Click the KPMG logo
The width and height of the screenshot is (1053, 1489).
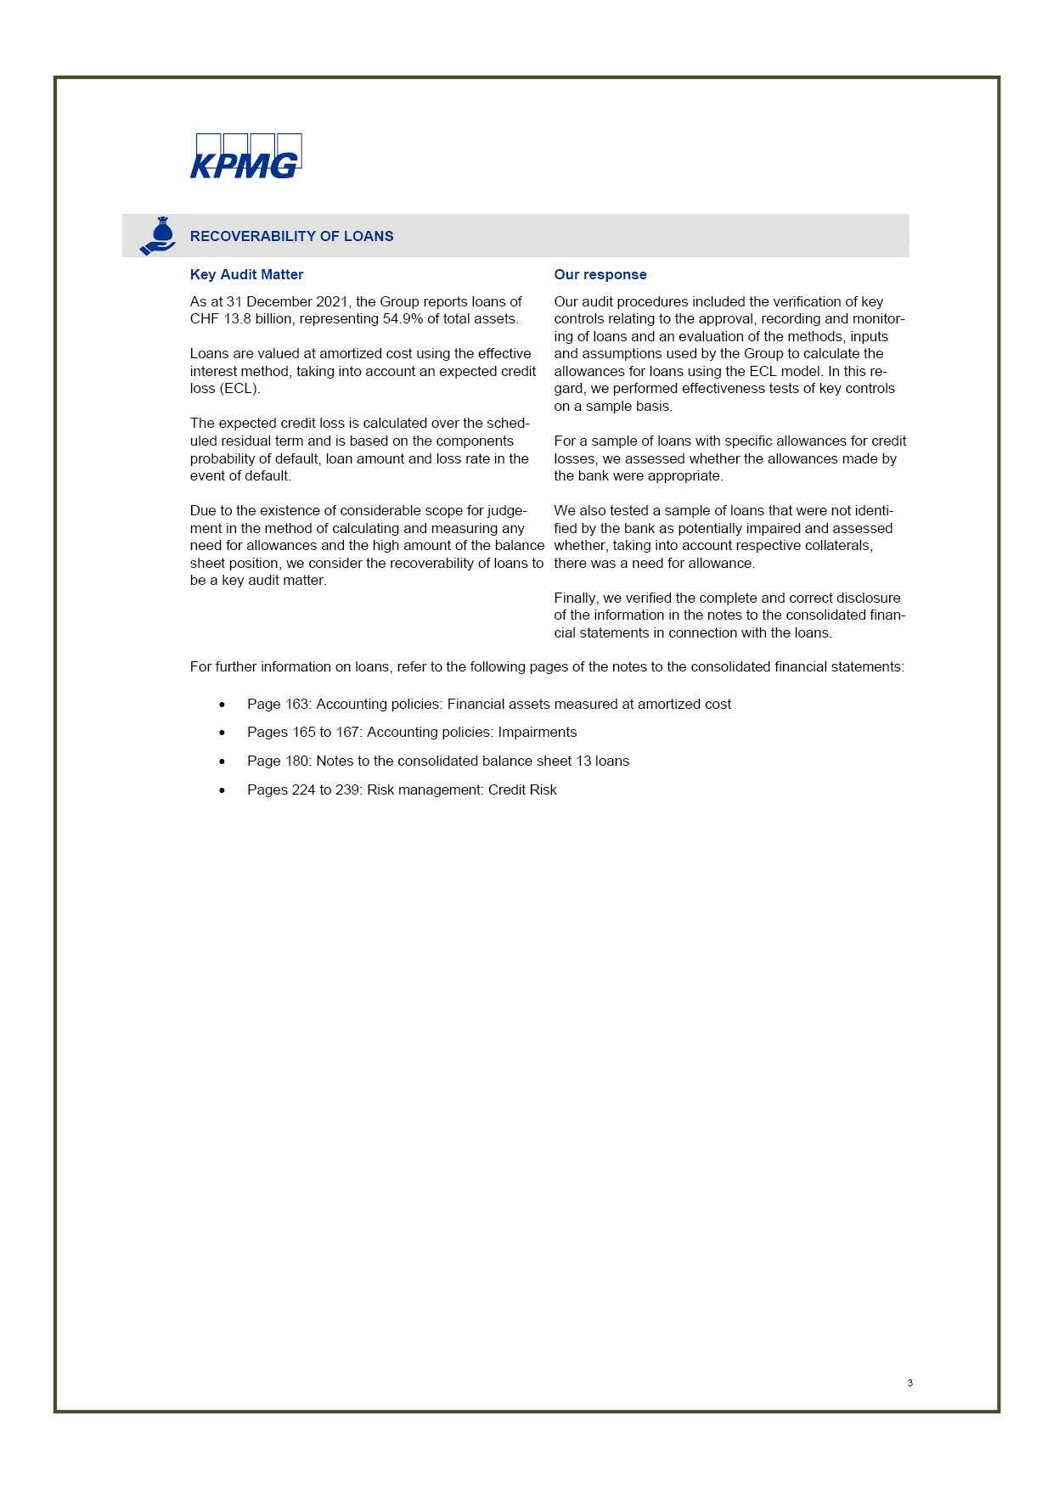[x=245, y=157]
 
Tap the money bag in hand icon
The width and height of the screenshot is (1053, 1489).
[x=158, y=236]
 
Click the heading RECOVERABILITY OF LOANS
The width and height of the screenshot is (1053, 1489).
[x=291, y=236]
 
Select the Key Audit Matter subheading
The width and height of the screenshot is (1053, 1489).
[x=246, y=274]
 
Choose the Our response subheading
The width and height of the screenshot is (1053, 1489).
[x=600, y=274]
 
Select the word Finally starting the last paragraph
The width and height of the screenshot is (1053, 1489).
[x=576, y=598]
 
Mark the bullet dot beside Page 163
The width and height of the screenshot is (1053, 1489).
[x=222, y=705]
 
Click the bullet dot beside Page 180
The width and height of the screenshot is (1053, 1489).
[x=222, y=761]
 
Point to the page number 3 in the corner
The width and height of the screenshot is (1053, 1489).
[x=910, y=1383]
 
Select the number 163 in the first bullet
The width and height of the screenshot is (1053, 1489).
[x=297, y=705]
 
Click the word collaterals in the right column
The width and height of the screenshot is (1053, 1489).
[x=836, y=546]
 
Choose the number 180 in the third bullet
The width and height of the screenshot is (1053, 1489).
[x=297, y=761]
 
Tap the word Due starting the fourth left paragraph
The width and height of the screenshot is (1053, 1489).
[x=204, y=511]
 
